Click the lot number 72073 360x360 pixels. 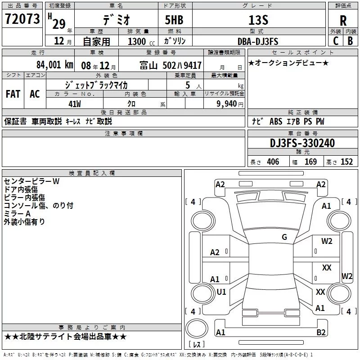(22, 18)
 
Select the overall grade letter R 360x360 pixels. (343, 21)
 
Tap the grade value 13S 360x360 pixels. (258, 20)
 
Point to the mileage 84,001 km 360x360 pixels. (54, 65)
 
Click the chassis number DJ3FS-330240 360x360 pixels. (302, 143)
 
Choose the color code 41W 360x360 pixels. (75, 104)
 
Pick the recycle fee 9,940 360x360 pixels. (226, 104)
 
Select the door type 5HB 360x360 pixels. (174, 20)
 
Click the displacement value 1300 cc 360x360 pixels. (141, 41)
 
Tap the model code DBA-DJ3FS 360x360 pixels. (258, 41)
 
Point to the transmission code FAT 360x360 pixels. (13, 94)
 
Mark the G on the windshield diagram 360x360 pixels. (284, 237)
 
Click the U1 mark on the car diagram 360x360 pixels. (221, 292)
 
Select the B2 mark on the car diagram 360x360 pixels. (321, 332)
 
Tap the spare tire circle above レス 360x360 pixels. (197, 328)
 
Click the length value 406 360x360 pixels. (273, 162)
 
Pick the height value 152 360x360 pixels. (346, 162)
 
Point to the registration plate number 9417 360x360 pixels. (193, 65)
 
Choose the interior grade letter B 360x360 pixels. (350, 41)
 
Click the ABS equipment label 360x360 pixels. (276, 121)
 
